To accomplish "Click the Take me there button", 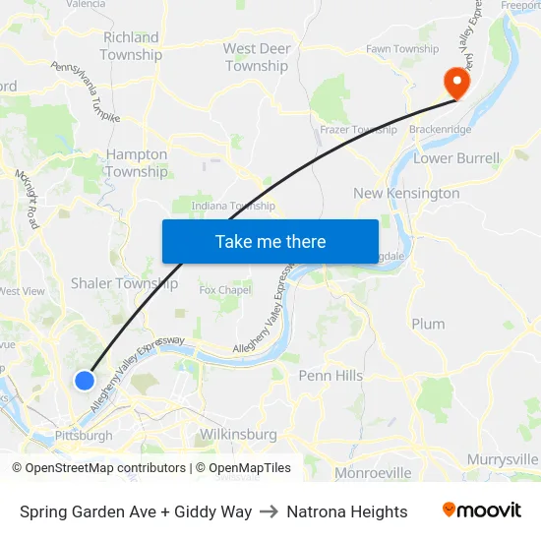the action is click(x=270, y=241).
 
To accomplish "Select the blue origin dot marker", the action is click(x=85, y=380).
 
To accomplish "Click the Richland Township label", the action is click(x=131, y=46).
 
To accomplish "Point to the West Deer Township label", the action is click(x=257, y=57).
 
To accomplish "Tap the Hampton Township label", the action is click(x=137, y=162).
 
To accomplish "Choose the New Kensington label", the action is click(x=406, y=193).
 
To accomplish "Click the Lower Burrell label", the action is click(x=456, y=157).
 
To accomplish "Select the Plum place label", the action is click(x=428, y=324).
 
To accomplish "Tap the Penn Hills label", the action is click(x=331, y=376).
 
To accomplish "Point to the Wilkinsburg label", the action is click(x=238, y=434).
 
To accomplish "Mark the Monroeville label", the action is click(x=373, y=473).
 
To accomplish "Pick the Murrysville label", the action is click(x=503, y=459).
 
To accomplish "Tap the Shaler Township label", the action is click(x=125, y=283).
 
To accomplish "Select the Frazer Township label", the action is click(x=358, y=129).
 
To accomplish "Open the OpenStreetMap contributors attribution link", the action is click(x=105, y=468).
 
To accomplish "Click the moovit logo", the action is click(x=482, y=511).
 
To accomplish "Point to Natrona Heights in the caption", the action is click(x=347, y=511).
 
